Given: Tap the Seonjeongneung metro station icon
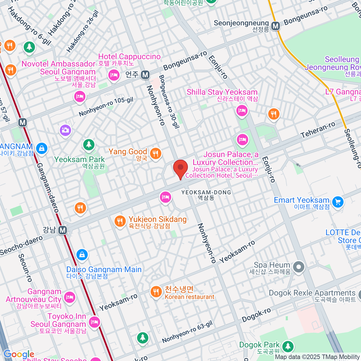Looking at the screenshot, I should tap(275, 26).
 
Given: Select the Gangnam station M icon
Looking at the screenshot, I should tap(63, 230).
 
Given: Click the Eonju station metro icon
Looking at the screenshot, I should tap(145, 75).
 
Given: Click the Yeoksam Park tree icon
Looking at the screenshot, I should tap(89, 145).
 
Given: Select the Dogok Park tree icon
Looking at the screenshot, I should tap(288, 346).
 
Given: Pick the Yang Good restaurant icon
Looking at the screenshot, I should tap(156, 153).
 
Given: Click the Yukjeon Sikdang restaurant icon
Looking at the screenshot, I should tap(120, 222).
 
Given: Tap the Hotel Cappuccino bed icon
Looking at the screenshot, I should tap(114, 75).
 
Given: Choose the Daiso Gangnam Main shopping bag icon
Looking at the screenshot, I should tap(82, 255).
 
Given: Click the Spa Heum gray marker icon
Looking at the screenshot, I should tap(298, 267).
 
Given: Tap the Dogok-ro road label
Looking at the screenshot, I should tap(256, 315).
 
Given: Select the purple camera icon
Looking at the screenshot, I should tap(65, 130).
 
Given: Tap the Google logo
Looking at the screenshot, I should tap(19, 354).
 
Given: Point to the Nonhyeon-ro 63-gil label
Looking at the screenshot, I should tap(187, 332).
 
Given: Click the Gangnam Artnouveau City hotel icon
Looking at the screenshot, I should tap(70, 297).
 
